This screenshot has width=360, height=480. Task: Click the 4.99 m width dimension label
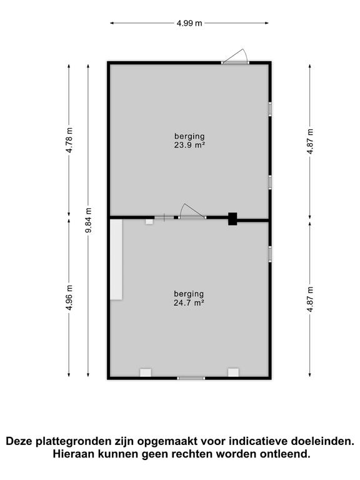[189, 24]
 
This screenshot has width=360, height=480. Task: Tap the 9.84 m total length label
[88, 221]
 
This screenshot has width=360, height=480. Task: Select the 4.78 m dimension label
[69, 140]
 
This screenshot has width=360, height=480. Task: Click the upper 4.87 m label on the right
[311, 140]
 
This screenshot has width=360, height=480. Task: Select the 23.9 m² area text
[190, 145]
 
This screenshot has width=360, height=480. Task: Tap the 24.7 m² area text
[190, 302]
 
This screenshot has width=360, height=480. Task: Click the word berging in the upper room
[190, 136]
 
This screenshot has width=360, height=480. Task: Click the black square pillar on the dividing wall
[232, 219]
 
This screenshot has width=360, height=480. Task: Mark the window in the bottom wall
[191, 377]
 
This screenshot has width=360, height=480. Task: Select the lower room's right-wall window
[270, 253]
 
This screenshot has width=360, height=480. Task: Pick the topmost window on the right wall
[270, 108]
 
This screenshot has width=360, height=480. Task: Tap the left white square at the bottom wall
[146, 372]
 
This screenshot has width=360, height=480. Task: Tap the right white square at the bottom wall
[233, 372]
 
